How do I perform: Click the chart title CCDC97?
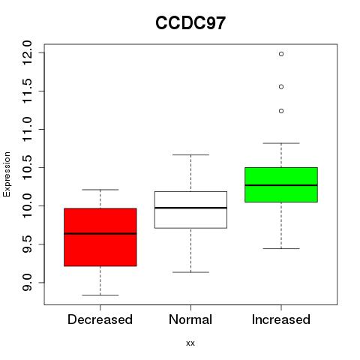pos(190,23)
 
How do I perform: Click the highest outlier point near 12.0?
pos(281,54)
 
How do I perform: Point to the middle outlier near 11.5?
pos(281,87)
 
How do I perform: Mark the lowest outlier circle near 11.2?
pos(281,111)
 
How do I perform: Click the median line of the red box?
pos(100,234)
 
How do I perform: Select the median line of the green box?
pos(281,185)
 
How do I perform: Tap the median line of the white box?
pos(190,208)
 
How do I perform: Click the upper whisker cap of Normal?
pos(190,154)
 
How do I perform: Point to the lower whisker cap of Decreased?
pos(100,295)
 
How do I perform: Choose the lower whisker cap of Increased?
pos(281,248)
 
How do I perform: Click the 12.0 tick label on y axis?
pos(27,52)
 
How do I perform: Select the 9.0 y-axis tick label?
pos(27,283)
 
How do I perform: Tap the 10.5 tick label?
pos(27,167)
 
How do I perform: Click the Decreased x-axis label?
pos(100,319)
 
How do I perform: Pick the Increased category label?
pos(281,319)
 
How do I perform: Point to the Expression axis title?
pos(7,174)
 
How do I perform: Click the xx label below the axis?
pos(190,343)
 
